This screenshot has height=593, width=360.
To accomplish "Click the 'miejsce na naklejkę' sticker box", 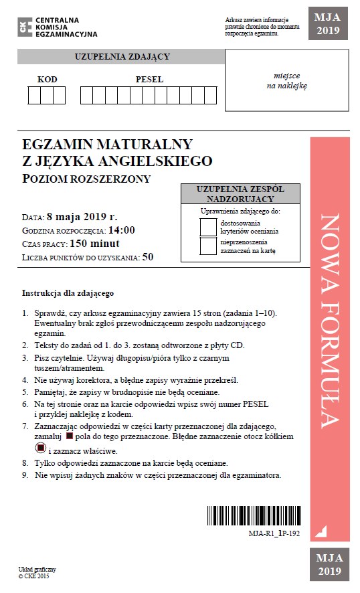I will (286, 82).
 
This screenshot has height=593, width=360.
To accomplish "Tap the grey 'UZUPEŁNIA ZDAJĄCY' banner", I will (121, 57).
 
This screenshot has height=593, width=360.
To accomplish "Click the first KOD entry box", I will (33, 96).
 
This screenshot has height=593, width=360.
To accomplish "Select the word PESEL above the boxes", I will (149, 80).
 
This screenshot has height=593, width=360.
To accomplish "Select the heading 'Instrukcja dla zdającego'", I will (68, 292).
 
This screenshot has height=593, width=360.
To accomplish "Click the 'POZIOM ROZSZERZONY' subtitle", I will (86, 178).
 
